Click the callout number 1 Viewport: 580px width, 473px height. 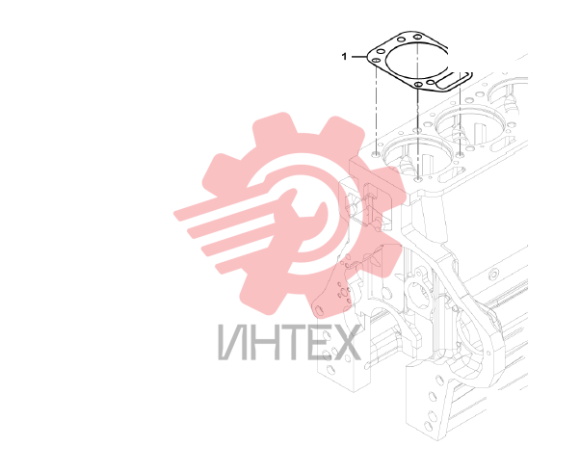pyautogui.click(x=344, y=57)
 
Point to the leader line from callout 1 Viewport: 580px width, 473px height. pyautogui.click(x=358, y=57)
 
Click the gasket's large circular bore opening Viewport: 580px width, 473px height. pyautogui.click(x=417, y=61)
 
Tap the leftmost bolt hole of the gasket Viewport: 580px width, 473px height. pyautogui.click(x=376, y=61)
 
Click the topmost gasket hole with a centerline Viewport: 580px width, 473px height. pyautogui.click(x=417, y=37)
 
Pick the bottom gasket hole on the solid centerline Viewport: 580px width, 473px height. pyautogui.click(x=417, y=85)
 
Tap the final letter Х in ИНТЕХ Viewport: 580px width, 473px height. pyautogui.click(x=344, y=342)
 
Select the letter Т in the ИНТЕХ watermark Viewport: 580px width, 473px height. pyautogui.click(x=284, y=342)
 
